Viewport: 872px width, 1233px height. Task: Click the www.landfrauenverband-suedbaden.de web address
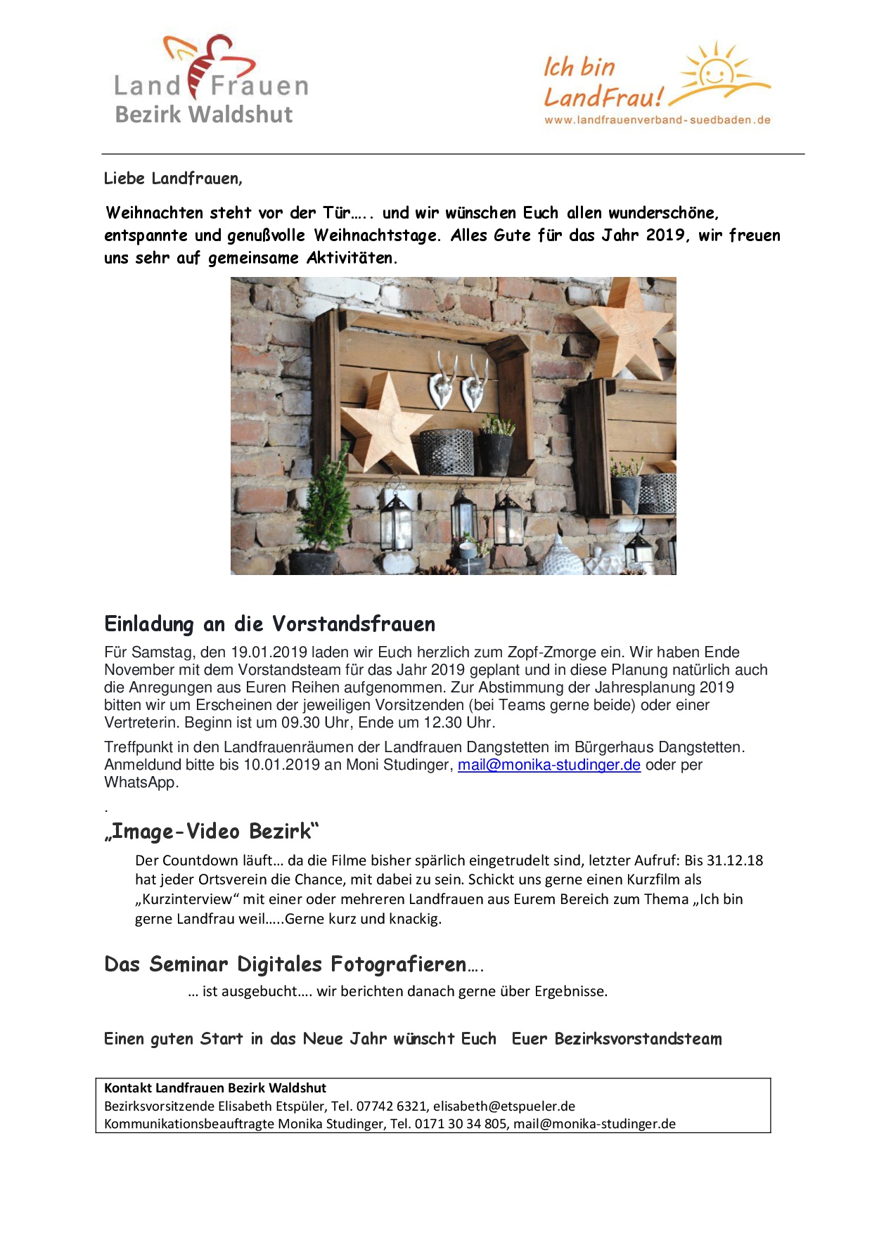pos(657,120)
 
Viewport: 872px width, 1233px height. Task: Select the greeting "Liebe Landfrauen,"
pos(173,179)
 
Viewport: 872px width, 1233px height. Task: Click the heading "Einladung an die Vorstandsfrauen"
pos(269,624)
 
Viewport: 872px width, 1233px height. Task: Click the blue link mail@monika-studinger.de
pos(549,765)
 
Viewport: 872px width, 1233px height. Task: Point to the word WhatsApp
pos(141,782)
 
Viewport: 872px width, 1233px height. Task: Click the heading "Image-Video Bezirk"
pos(212,832)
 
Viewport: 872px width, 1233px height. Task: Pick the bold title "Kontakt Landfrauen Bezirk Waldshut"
pos(215,1088)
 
